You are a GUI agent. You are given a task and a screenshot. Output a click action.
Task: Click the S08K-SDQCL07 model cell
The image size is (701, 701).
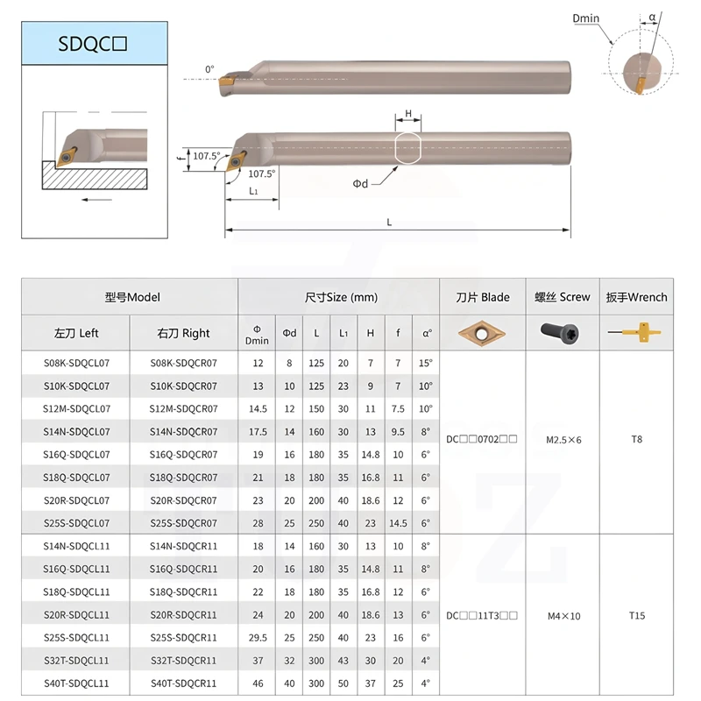tap(77, 363)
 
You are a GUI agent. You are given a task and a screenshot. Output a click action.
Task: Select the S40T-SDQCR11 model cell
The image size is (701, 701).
tap(183, 683)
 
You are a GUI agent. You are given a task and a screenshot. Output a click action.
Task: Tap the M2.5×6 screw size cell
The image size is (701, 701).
tap(563, 439)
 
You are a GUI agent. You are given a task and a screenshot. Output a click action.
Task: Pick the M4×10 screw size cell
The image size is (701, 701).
tap(563, 616)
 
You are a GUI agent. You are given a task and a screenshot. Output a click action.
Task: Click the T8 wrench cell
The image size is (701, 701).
tap(636, 439)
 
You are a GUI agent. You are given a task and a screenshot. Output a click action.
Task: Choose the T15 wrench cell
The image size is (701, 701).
tap(636, 616)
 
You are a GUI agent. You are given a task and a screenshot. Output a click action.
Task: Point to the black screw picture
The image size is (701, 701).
tap(563, 333)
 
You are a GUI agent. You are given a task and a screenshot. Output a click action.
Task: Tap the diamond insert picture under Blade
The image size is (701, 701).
tap(482, 333)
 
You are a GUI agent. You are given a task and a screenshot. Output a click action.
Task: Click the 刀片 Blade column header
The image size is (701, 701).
tap(482, 297)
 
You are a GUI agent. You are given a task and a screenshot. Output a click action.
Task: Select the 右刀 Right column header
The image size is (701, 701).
tap(183, 333)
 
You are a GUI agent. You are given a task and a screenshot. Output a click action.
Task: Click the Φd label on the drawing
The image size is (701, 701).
tap(360, 183)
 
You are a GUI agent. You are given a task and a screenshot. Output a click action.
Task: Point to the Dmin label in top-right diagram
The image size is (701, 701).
tap(610, 18)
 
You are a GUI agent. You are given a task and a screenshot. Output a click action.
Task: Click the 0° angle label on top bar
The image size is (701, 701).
tap(209, 68)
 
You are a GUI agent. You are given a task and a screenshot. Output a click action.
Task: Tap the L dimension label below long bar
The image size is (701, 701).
tap(389, 223)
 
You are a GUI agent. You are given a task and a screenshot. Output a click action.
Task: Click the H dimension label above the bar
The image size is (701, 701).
tap(408, 115)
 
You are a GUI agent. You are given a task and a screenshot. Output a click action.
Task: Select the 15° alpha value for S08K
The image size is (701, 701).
tap(426, 363)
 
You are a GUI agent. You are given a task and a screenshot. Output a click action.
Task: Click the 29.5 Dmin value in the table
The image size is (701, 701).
tap(257, 637)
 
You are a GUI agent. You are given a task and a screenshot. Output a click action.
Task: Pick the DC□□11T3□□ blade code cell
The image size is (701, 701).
tap(482, 616)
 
